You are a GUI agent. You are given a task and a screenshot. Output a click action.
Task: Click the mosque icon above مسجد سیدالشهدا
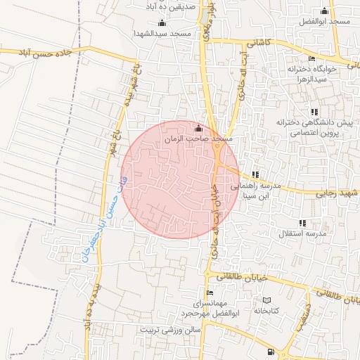(x=162, y=23)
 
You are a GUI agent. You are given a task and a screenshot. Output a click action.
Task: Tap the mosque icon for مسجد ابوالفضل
(x=324, y=11)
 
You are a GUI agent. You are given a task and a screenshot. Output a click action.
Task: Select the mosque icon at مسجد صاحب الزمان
(x=198, y=129)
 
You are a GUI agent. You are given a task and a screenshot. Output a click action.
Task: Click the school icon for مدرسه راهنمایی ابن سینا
(x=255, y=174)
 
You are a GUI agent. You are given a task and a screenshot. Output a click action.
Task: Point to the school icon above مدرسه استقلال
(x=303, y=223)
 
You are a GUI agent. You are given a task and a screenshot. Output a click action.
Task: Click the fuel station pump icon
(x=271, y=351)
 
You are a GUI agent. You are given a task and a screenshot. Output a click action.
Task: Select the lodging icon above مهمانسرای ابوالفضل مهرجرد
(x=209, y=292)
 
